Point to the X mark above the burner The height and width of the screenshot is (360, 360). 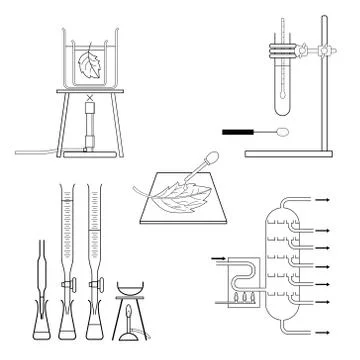tap(90, 99)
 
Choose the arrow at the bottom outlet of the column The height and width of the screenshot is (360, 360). tap(326, 329)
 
